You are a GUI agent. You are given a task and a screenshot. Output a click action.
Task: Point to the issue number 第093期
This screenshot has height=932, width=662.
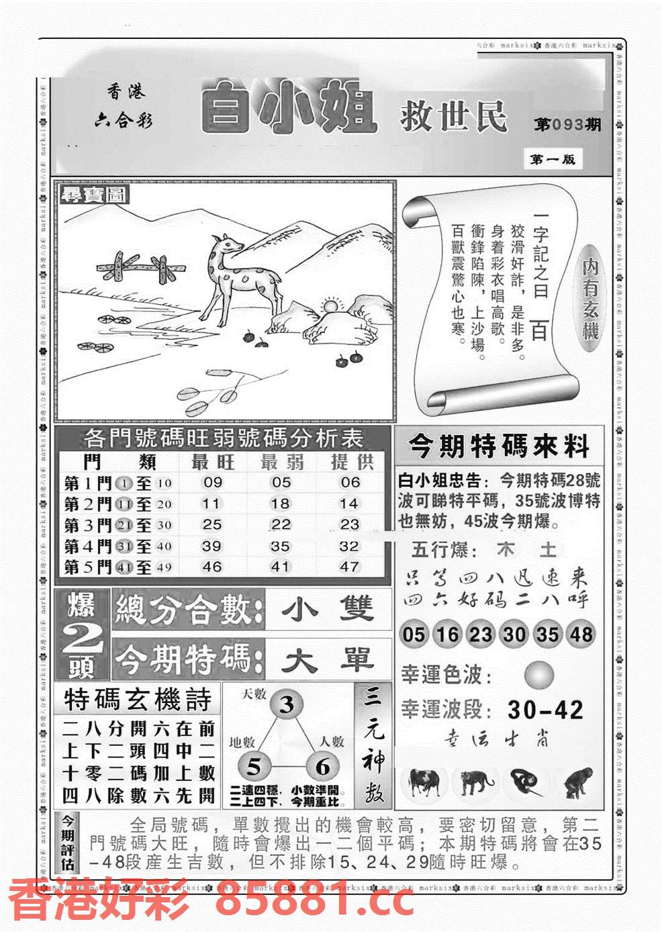(x=567, y=125)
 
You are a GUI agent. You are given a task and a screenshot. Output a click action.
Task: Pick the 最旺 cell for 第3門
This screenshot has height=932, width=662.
(x=212, y=524)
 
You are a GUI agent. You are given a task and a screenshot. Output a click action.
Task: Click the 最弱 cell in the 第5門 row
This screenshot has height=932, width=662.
(x=280, y=567)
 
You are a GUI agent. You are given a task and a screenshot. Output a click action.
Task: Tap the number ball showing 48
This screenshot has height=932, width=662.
(x=581, y=634)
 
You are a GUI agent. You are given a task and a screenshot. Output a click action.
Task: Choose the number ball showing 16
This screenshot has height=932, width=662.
(x=446, y=634)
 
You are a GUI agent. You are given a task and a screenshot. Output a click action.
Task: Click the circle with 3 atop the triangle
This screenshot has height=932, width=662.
(x=287, y=704)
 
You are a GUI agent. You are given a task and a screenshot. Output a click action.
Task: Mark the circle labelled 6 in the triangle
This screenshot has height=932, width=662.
(x=322, y=766)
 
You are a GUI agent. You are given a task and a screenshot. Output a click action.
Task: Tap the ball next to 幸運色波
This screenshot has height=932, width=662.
(x=539, y=674)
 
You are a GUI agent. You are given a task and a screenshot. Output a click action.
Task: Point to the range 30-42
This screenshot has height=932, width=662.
(x=545, y=710)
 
